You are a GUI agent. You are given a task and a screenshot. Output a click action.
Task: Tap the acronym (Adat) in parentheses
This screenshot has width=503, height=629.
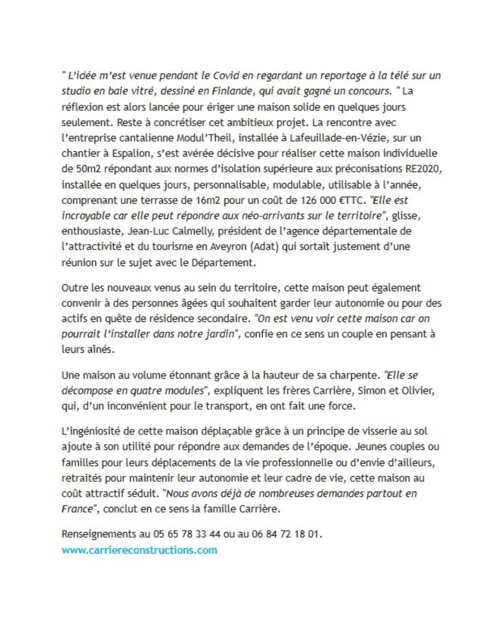(264, 246)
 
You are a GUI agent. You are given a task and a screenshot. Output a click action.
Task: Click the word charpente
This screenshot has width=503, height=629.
(354, 375)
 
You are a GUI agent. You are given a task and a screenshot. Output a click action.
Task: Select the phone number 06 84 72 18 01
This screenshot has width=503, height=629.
(285, 534)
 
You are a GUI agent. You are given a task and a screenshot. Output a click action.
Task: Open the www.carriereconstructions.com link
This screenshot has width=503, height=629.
(139, 550)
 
